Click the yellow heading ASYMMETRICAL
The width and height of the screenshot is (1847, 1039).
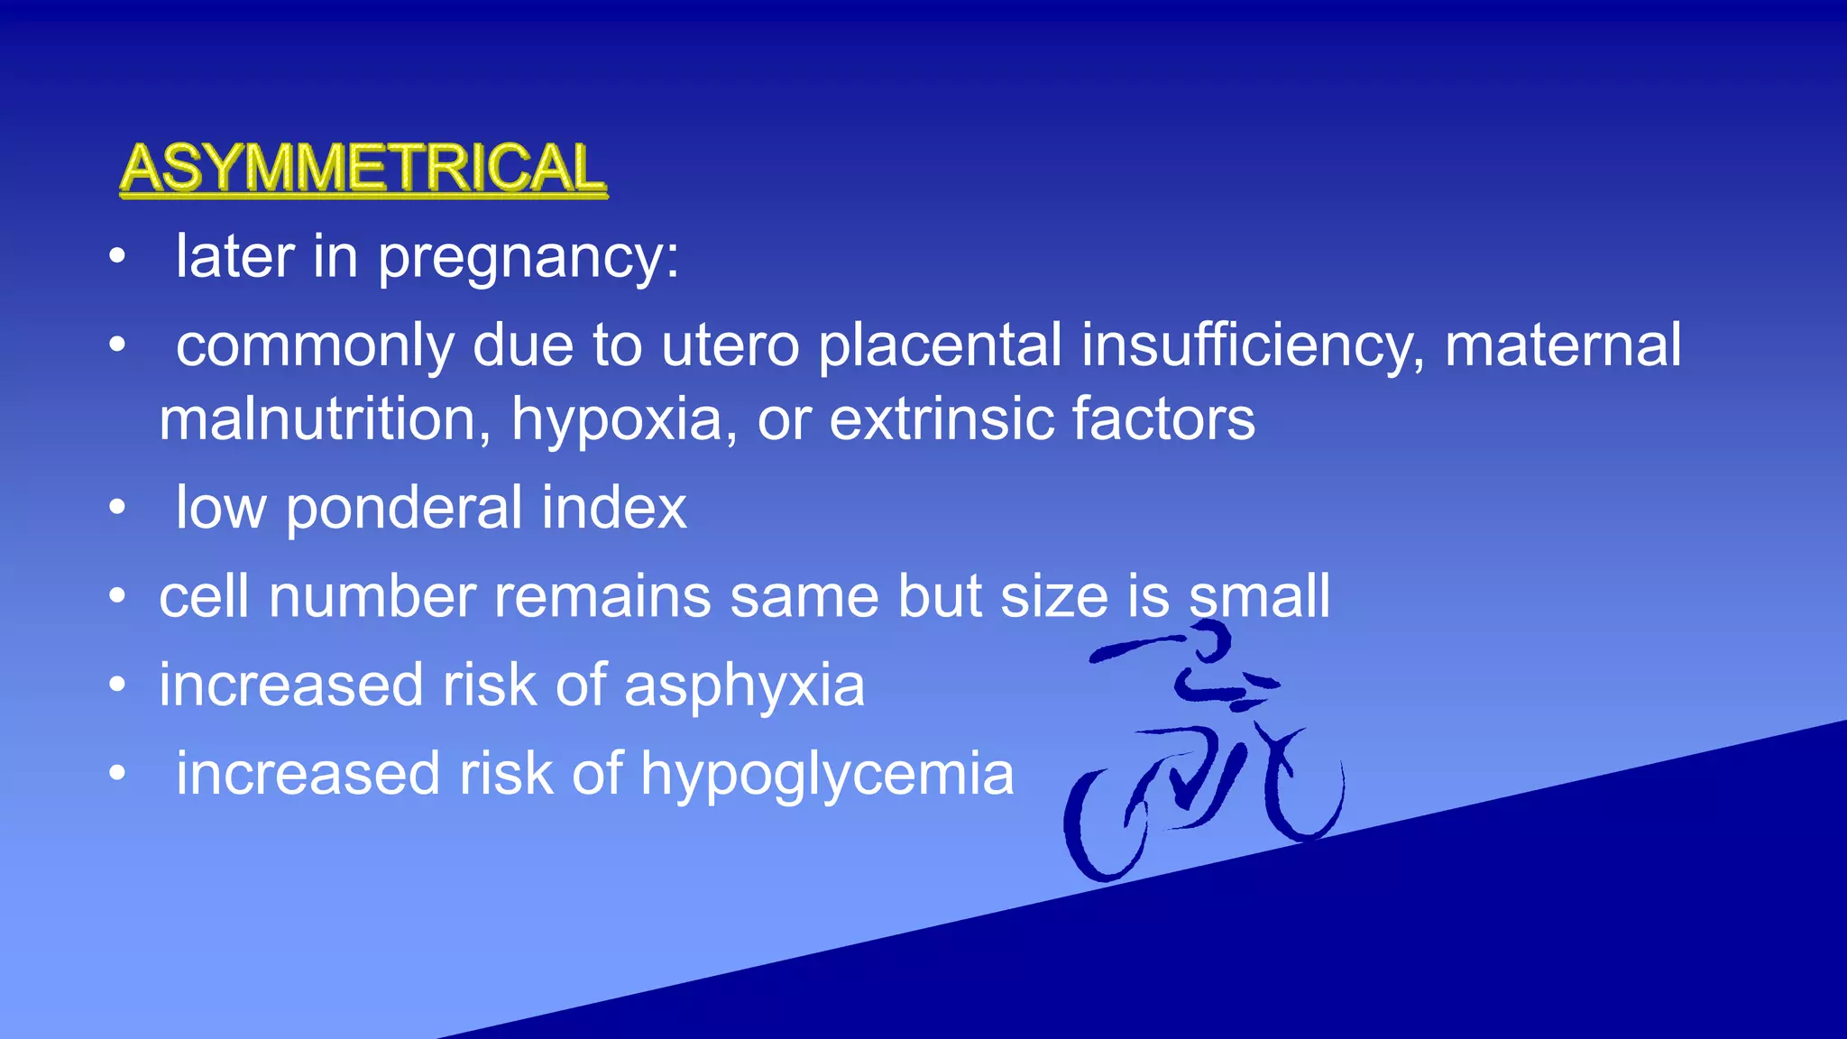pyautogui.click(x=363, y=168)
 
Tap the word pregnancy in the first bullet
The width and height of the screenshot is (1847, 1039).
pyautogui.click(x=528, y=258)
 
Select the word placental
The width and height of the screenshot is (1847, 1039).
pyautogui.click(x=940, y=345)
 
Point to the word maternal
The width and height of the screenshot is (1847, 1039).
pyautogui.click(x=1563, y=345)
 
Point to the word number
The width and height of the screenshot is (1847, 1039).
pyautogui.click(x=372, y=596)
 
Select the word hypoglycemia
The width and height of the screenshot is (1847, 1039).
pyautogui.click(x=827, y=775)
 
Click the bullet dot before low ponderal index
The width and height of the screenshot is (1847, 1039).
pyautogui.click(x=116, y=508)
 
